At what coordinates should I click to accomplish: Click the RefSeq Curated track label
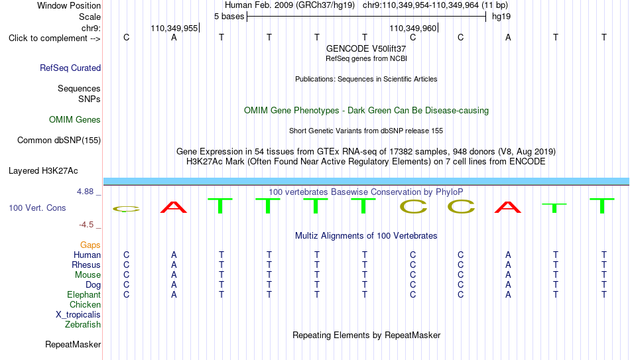pos(70,68)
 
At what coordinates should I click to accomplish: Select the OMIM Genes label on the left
pos(75,120)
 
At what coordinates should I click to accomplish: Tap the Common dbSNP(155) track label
pos(59,141)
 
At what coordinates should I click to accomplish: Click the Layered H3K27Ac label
pos(43,171)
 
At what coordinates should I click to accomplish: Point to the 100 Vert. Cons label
pos(37,208)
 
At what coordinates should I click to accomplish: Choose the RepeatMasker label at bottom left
pos(73,344)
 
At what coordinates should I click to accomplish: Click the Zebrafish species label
pos(83,324)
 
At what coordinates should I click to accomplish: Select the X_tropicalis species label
pos(78,315)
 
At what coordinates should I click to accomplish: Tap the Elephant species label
pos(84,294)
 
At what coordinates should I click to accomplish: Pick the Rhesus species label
pos(86,265)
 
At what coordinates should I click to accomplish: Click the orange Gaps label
pos(90,245)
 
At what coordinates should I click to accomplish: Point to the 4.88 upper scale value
pos(85,192)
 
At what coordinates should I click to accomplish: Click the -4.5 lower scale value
pos(86,225)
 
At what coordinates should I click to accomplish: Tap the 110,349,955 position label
pos(174,28)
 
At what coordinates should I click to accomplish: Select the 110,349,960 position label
pos(413,28)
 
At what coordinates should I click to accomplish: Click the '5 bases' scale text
pos(229,17)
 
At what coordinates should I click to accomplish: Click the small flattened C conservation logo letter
pos(126,209)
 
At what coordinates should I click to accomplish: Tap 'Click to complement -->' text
pos(54,38)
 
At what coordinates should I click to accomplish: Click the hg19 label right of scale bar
pos(501,17)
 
